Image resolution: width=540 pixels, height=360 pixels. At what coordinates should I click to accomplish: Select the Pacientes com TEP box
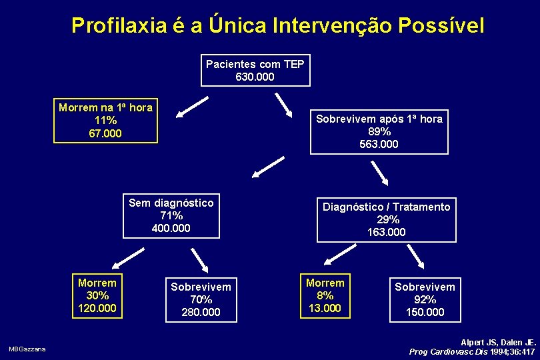(x=255, y=71)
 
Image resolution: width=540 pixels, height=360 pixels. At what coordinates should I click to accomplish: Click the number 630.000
(x=255, y=77)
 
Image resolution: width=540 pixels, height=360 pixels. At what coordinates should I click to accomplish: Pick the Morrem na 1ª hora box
(x=105, y=121)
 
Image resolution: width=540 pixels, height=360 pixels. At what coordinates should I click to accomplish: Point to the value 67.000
(x=105, y=133)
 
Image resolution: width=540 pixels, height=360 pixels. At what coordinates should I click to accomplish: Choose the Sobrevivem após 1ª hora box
(x=379, y=131)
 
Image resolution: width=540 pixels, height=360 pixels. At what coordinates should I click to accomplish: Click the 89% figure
(x=379, y=131)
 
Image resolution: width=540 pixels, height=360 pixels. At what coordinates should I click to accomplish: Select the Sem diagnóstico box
(x=171, y=215)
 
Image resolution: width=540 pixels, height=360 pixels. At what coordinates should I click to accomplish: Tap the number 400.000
(x=171, y=228)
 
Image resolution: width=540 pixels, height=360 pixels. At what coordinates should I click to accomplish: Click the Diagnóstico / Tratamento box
(x=387, y=219)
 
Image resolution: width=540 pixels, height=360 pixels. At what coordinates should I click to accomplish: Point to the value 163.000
(x=387, y=232)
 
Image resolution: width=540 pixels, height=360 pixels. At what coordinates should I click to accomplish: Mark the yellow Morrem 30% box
(x=97, y=295)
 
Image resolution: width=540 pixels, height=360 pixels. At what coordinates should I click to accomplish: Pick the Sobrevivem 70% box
(x=201, y=299)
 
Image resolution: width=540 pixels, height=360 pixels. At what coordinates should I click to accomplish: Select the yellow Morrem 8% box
(x=325, y=295)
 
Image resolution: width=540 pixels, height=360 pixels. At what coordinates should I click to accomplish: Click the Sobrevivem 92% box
(x=425, y=299)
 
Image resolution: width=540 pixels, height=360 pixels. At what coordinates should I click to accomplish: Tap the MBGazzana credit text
(x=27, y=349)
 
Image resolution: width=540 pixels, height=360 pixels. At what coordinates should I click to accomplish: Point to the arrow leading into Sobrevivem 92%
(x=415, y=256)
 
